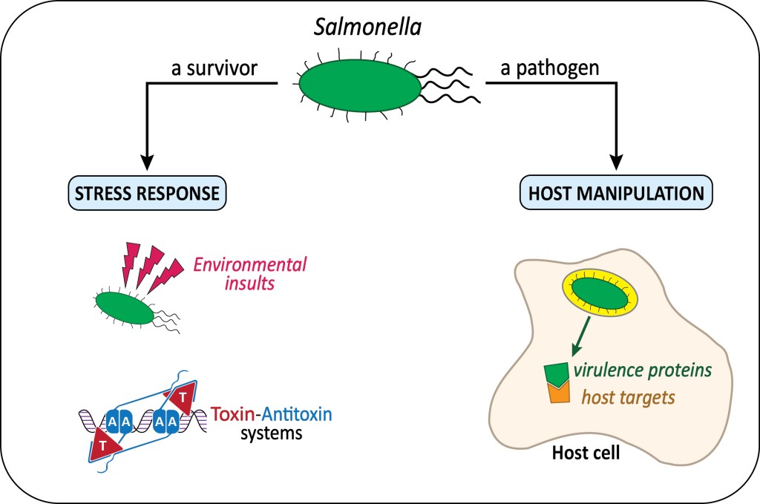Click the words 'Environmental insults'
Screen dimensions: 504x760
pos(250,272)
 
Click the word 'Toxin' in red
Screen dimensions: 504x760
pos(231,413)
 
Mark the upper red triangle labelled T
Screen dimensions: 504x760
pos(180,399)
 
